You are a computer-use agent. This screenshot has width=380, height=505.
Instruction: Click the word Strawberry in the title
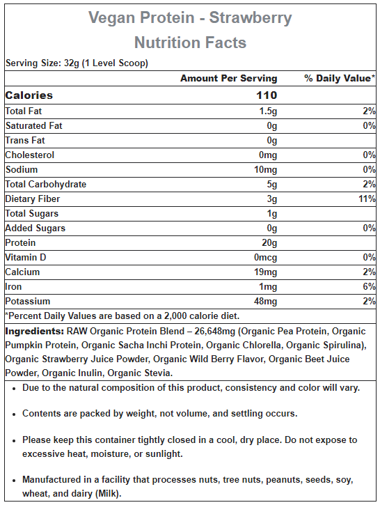(251, 18)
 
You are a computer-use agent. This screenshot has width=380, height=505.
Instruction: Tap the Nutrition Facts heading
(190, 42)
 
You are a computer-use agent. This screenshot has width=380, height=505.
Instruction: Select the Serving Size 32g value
(72, 63)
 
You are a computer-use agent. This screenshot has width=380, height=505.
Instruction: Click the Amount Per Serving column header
(229, 78)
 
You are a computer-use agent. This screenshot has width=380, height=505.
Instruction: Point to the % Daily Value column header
(340, 78)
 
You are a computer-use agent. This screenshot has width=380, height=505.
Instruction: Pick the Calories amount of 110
(267, 95)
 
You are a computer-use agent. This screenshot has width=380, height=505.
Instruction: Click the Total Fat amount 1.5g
(268, 111)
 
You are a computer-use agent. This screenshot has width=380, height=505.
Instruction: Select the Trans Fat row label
(25, 141)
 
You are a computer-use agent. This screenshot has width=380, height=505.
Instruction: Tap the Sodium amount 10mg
(265, 170)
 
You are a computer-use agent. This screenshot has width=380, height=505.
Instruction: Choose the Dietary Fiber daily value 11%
(367, 199)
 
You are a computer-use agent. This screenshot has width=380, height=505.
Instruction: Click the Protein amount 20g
(269, 243)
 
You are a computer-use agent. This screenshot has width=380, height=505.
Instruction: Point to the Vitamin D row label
(26, 257)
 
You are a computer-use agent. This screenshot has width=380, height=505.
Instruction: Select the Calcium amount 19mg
(265, 272)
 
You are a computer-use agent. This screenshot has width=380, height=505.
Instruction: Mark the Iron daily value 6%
(369, 287)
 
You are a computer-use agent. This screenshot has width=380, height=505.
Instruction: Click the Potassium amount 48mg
(265, 302)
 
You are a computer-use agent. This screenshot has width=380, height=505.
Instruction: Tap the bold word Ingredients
(35, 332)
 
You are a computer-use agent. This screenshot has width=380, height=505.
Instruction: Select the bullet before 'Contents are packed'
(14, 414)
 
